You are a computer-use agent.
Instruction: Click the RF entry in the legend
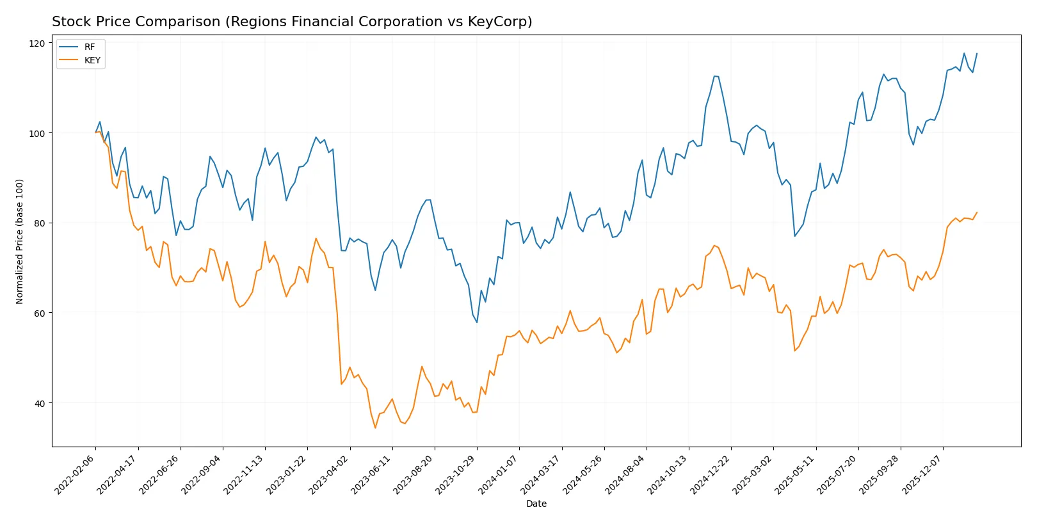click(x=89, y=47)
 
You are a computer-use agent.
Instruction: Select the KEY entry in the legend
click(x=92, y=60)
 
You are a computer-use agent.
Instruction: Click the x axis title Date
click(x=536, y=504)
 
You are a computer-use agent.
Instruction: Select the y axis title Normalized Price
click(x=20, y=241)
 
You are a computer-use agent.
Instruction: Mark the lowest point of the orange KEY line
click(x=375, y=427)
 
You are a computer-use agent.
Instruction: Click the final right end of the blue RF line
click(x=977, y=54)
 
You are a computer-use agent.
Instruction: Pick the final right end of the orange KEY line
click(x=977, y=212)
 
